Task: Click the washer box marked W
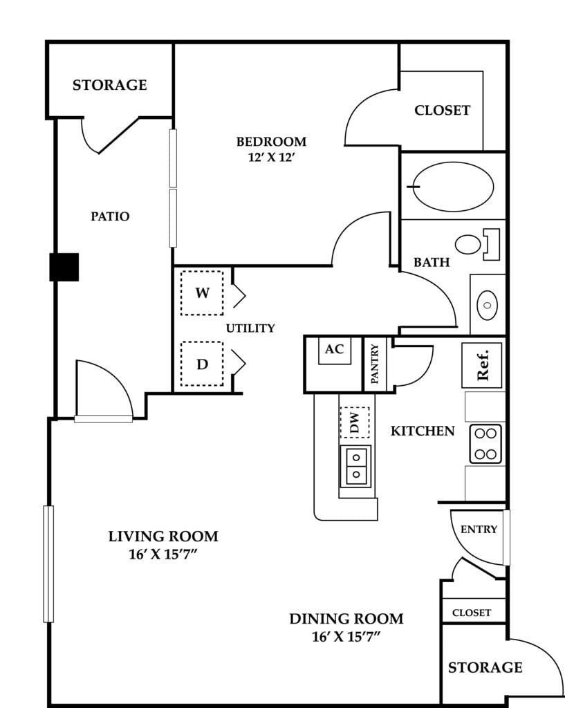coord(202,292)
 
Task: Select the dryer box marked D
coord(202,364)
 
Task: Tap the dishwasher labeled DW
coord(355,422)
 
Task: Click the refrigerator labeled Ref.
coord(481,365)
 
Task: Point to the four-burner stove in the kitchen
coord(485,444)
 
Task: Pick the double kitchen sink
coord(356,466)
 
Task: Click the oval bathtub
coord(453,187)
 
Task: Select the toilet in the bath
coord(477,244)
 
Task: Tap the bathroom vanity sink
coord(488,305)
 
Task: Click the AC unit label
coord(334,348)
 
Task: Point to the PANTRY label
coord(374,364)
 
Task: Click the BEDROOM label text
coord(271,142)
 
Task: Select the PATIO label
coord(110,216)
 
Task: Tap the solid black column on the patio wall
coord(64,267)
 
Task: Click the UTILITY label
coord(250,328)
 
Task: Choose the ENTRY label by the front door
coord(479,529)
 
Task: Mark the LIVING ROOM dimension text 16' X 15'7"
coord(163,554)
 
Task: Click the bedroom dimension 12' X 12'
coord(271,158)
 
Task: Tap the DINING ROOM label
coord(346,619)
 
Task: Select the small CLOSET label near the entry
coord(472,613)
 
